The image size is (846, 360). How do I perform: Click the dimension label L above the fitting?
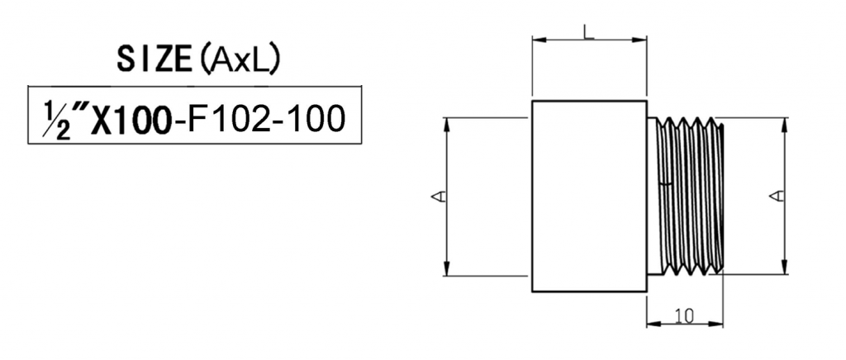click(x=587, y=32)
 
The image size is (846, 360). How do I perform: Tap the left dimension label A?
click(x=440, y=196)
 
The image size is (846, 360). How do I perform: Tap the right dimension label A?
click(x=776, y=196)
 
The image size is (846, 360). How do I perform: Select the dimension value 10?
click(x=683, y=315)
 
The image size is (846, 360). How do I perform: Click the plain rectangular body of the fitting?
click(x=588, y=196)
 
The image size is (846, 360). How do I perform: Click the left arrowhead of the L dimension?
click(x=537, y=39)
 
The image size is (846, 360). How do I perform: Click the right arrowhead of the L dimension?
click(x=641, y=39)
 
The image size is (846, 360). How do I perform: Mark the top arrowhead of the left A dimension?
click(x=447, y=122)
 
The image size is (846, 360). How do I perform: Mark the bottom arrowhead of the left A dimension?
click(x=447, y=270)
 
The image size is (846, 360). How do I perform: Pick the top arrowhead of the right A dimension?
click(x=782, y=122)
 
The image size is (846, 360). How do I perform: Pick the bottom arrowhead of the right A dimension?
click(x=782, y=270)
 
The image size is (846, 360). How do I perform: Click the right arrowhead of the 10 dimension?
click(x=719, y=323)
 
